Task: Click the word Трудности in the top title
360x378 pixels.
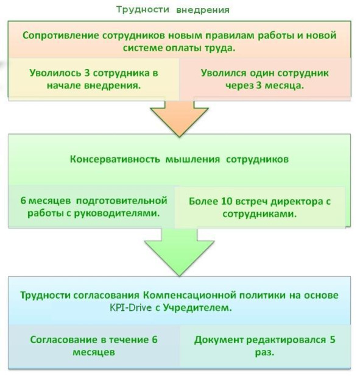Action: pos(143,10)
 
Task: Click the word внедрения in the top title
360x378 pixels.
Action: pos(203,10)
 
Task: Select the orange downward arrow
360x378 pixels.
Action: pos(179,118)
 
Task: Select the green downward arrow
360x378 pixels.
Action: pos(179,252)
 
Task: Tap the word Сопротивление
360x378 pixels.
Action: pos(61,35)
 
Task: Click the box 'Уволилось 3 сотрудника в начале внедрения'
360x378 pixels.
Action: pos(94,79)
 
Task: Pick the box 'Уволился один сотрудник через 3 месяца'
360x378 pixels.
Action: pos(264,79)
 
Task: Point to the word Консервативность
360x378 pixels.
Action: pos(115,159)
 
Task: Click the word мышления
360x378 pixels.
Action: pos(192,160)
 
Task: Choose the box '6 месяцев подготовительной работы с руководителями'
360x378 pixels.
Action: pos(91,207)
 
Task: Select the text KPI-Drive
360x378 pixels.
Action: pos(131,308)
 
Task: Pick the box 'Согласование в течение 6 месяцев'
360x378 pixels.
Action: pos(94,346)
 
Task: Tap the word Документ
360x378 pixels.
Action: pos(219,340)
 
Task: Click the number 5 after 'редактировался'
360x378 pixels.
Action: pos(333,340)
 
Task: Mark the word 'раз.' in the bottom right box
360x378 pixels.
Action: pos(264,352)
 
